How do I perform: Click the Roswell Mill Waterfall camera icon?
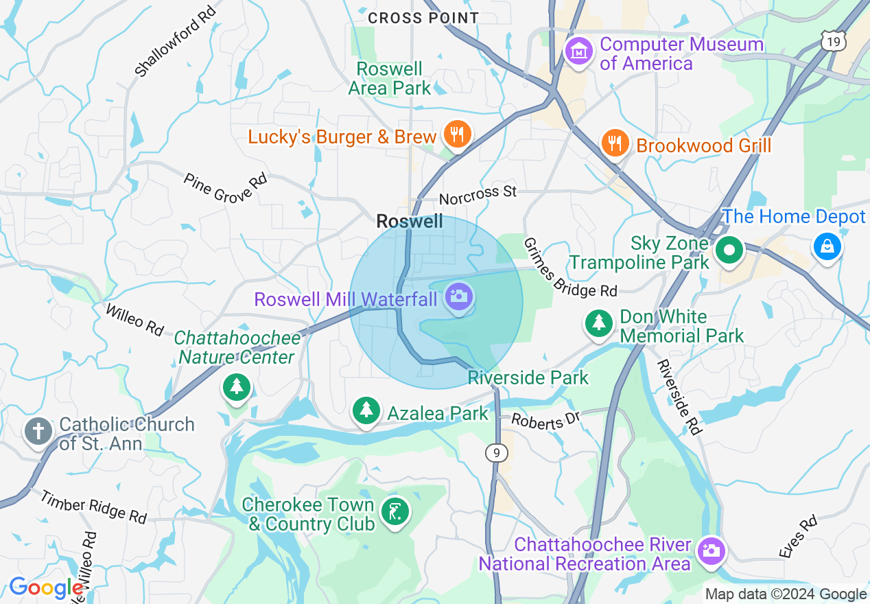(x=458, y=297)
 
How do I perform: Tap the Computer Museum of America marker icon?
(x=578, y=51)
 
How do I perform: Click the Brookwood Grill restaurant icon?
(x=615, y=143)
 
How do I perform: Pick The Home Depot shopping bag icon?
(x=827, y=246)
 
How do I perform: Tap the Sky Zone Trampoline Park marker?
(x=729, y=251)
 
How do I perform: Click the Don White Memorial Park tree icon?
(x=599, y=322)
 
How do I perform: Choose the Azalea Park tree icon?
(x=366, y=410)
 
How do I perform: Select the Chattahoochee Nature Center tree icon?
(x=237, y=387)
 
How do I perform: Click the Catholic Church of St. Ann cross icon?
(x=38, y=432)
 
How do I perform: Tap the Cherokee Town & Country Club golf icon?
(x=395, y=512)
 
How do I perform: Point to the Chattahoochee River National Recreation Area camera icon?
(x=710, y=550)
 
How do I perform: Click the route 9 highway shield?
(x=495, y=452)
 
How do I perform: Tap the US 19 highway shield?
(x=832, y=43)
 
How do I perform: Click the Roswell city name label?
(x=410, y=221)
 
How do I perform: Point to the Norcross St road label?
(x=478, y=195)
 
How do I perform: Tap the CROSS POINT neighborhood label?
(x=423, y=18)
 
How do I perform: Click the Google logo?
(x=47, y=588)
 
